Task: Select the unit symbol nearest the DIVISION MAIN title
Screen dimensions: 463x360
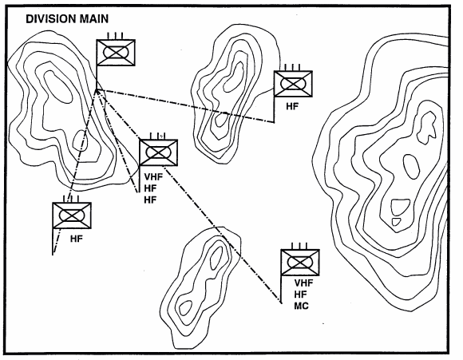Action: tap(116, 53)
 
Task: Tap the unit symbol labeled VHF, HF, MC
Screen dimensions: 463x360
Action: tap(300, 263)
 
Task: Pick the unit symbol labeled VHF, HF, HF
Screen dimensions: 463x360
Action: tap(159, 152)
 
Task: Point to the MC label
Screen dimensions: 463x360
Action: tap(302, 306)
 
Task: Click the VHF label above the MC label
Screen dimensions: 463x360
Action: tap(303, 283)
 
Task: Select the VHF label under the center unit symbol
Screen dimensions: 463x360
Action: tap(153, 176)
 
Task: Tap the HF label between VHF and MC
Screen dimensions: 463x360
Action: tap(301, 294)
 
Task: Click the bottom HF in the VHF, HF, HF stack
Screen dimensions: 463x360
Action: tap(150, 200)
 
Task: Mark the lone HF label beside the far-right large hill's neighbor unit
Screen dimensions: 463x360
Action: tap(292, 106)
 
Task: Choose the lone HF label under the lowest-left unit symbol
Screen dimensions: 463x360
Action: tap(77, 239)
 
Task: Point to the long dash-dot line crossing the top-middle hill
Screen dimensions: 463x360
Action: tap(185, 105)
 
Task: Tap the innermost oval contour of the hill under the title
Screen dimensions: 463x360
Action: tap(57, 86)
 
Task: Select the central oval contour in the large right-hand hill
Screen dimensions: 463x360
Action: tap(411, 167)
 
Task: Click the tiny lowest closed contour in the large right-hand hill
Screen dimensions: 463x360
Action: tap(396, 221)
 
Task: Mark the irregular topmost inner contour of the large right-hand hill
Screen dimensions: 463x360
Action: tap(426, 127)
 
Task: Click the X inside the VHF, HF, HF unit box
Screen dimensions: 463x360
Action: tap(159, 152)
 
